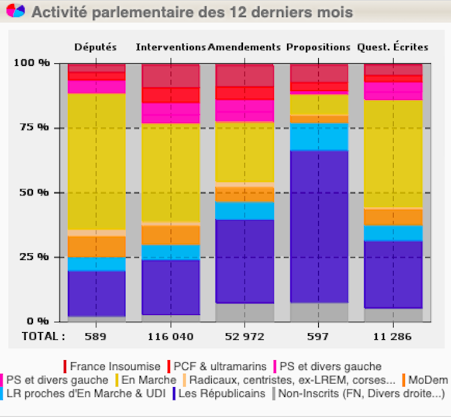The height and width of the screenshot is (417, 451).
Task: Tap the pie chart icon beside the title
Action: (16, 11)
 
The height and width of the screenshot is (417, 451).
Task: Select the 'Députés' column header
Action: (96, 47)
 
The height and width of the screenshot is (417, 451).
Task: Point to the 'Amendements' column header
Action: (244, 47)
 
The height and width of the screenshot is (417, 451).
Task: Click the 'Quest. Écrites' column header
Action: (392, 47)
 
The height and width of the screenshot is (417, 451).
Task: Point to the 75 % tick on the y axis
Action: (35, 127)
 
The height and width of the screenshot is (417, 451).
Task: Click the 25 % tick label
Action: (35, 257)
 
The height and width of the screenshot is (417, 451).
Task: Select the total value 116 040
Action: (170, 336)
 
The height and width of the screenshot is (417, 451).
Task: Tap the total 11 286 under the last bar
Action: (392, 336)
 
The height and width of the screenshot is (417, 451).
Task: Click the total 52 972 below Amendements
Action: (244, 336)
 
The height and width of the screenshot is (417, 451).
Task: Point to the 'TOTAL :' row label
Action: (43, 336)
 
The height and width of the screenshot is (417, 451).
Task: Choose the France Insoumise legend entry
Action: (112, 366)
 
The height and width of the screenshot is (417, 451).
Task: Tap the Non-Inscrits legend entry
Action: (359, 394)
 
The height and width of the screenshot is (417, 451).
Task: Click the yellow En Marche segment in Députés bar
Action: (96, 161)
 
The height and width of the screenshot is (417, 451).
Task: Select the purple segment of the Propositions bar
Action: (319, 227)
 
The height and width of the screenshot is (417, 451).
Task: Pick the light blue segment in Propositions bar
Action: (319, 137)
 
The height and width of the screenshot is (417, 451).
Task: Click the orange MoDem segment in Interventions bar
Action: (170, 235)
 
